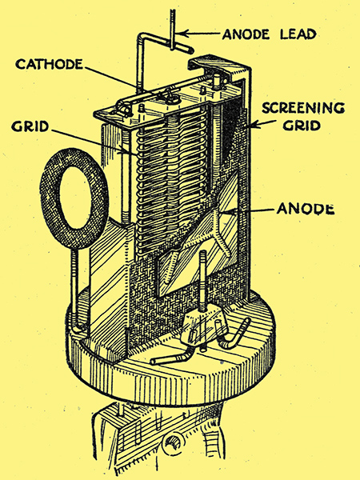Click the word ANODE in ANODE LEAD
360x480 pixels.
[x=246, y=34]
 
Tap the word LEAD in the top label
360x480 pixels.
[x=298, y=34]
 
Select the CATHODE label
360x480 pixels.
[x=50, y=64]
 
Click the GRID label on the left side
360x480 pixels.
[x=30, y=126]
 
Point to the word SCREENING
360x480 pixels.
[x=303, y=108]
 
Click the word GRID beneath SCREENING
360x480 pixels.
[x=302, y=125]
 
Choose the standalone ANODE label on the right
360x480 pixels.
[x=306, y=209]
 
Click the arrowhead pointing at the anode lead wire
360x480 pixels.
[x=182, y=33]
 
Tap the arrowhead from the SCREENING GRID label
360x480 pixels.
[x=252, y=125]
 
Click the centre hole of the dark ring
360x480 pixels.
[x=75, y=198]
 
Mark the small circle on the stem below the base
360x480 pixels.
[x=174, y=443]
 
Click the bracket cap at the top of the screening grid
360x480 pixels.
[x=218, y=65]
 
